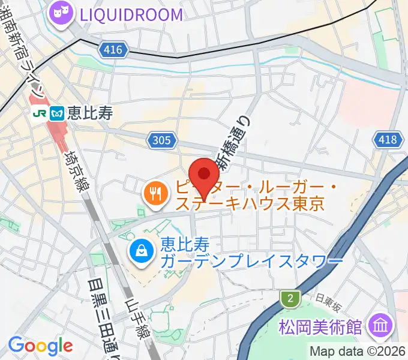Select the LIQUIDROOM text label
click(127, 14)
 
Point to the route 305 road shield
click(162, 140)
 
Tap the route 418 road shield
click(387, 140)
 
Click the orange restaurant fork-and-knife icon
click(155, 193)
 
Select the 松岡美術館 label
click(320, 327)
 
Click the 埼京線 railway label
click(77, 170)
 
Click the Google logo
click(40, 345)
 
